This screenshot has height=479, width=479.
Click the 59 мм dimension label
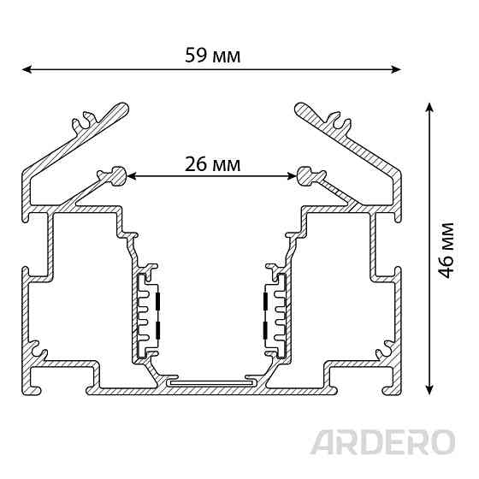point(213,56)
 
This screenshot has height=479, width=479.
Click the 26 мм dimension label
point(213,164)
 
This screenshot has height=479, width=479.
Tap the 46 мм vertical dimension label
point(446,251)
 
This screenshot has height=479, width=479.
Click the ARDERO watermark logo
point(383,442)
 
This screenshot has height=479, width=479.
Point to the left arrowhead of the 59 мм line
point(27,69)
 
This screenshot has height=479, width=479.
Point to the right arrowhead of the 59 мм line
point(397,69)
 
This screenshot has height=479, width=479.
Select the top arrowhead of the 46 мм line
point(429,107)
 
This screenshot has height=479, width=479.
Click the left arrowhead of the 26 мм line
point(132,176)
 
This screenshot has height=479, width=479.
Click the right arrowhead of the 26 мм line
point(293,176)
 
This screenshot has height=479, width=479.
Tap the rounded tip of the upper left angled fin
point(123,108)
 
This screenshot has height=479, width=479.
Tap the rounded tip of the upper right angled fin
point(300,108)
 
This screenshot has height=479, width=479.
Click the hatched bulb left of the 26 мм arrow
point(118,176)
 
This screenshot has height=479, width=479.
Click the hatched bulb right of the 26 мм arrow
point(305,176)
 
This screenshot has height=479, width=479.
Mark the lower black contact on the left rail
point(158,330)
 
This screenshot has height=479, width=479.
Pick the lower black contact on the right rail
point(265,330)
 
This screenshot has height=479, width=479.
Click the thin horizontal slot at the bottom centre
point(211,382)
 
